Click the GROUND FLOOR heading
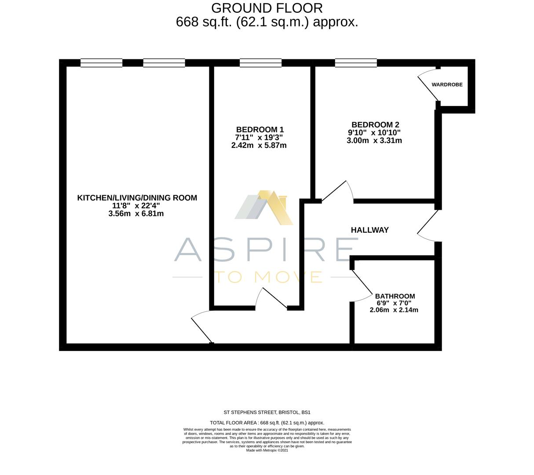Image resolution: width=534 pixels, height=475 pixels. point(267,8)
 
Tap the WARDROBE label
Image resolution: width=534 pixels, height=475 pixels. point(447,84)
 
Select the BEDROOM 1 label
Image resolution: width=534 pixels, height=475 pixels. point(260,130)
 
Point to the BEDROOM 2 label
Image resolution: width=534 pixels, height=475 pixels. point(375,125)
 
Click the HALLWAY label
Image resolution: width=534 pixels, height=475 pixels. point(369,230)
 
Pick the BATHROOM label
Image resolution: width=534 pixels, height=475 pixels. point(395,296)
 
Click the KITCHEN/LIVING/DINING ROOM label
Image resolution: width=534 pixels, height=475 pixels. point(137,198)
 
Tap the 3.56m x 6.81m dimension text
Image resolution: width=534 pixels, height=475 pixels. point(136,214)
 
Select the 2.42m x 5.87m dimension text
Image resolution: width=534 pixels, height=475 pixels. point(259,145)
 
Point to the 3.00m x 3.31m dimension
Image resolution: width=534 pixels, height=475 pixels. point(374,141)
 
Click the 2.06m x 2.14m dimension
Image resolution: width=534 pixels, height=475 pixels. point(394,310)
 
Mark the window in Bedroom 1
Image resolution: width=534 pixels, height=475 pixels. point(260,63)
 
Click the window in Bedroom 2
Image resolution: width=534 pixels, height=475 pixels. point(356,63)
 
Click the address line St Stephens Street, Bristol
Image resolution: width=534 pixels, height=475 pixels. point(267,413)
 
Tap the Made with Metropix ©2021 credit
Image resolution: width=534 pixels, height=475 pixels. point(267,450)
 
